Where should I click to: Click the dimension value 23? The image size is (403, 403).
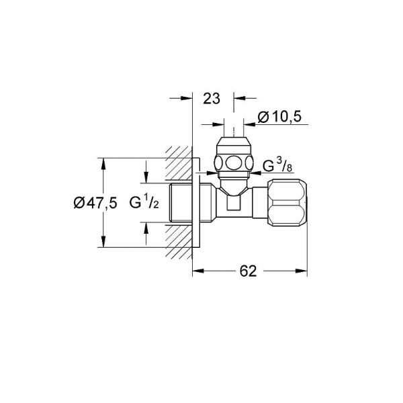point(212,98)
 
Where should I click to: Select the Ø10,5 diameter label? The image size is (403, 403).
point(278,118)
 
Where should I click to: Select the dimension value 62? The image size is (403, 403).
point(248,271)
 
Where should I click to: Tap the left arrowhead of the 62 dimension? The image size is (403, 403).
point(197,271)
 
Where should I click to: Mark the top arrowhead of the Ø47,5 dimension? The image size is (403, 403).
point(103,163)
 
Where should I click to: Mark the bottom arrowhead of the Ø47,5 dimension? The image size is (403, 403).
point(103,244)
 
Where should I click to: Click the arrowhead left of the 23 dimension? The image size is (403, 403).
point(189,98)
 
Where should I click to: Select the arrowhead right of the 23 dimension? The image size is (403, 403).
point(238,98)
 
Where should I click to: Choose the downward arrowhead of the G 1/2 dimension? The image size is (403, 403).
point(145,179)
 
